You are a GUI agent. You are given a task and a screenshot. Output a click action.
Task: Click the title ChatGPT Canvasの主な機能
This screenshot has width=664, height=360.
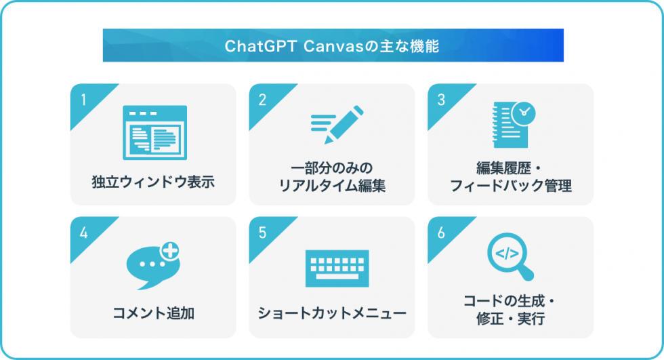332,46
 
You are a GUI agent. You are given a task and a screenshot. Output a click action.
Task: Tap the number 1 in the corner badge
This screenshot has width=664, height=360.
83,100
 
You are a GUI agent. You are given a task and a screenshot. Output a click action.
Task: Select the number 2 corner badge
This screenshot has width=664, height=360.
262,100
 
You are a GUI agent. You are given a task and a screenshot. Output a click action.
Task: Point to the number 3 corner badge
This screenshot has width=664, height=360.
441,100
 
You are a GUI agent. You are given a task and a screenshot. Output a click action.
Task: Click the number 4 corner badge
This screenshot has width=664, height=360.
83,233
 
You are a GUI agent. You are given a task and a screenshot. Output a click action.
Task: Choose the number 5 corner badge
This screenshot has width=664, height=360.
262,233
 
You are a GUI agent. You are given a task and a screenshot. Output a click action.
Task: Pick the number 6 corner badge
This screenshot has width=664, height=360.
441,233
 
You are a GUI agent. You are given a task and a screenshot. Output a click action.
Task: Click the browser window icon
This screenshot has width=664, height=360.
154,132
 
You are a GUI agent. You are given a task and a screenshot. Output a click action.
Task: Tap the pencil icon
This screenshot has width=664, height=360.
337,124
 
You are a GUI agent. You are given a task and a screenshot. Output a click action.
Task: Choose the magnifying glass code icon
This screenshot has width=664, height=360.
511,258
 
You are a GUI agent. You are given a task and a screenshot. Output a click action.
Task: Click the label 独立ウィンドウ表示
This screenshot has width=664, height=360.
153,182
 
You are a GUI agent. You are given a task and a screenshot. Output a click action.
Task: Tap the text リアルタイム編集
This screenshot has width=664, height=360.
332,186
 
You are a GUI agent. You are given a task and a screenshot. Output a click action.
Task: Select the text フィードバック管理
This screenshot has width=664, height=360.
511,186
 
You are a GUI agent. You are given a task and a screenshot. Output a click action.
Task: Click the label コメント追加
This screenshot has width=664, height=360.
153,314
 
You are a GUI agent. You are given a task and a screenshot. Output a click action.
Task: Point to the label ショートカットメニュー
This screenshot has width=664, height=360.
332,314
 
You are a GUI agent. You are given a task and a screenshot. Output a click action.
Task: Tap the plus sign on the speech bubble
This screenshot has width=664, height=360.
171,251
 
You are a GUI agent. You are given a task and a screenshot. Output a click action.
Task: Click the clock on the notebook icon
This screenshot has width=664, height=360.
523,111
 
